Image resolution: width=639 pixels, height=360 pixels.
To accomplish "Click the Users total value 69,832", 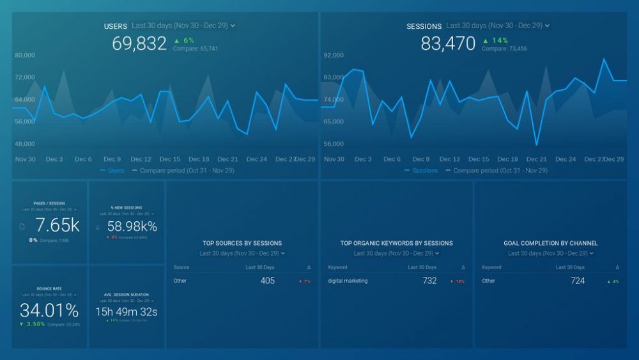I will point(139,43).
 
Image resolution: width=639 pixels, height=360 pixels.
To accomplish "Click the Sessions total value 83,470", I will point(448,43).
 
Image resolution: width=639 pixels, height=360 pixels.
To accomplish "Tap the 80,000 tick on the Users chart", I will point(25,56).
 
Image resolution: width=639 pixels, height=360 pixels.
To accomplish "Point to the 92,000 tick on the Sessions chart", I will point(334,56).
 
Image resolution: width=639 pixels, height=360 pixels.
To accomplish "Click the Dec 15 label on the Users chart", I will point(170,159).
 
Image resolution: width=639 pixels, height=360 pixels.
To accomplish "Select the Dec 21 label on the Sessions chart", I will point(537,159).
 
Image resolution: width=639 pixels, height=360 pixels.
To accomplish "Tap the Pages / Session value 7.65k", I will point(57,225).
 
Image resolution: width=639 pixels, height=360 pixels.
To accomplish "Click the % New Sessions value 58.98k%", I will point(132,226).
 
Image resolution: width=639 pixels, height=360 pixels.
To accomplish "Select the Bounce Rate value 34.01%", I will point(49,311).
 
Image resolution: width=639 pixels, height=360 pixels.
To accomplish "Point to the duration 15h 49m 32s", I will point(127,312).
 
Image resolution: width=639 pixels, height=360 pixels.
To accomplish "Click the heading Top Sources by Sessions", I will point(242,243).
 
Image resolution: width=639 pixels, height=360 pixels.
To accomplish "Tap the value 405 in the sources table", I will point(267,281).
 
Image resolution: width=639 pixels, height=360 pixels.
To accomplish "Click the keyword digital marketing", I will point(348,281).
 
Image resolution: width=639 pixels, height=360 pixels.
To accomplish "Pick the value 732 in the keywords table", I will point(429,281).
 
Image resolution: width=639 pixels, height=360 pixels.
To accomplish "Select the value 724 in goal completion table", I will point(578,281).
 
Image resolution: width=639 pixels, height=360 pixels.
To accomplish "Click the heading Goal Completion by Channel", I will point(551,243).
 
